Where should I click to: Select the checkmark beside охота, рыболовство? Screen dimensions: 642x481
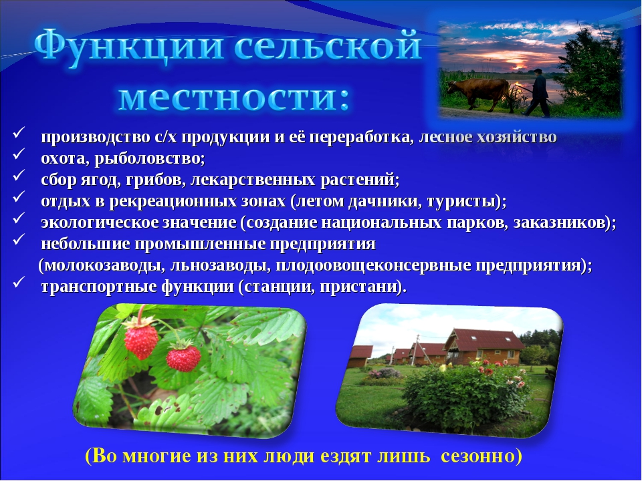tap(19, 154)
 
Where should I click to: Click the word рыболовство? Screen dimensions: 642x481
tap(149, 158)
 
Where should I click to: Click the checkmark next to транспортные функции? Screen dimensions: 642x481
tap(19, 282)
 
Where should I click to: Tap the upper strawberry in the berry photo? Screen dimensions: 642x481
tap(140, 338)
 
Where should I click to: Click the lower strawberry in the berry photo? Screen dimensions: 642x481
tap(183, 357)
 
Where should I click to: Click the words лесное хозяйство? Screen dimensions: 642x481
tap(488, 138)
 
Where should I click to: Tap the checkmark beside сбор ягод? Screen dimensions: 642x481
tap(19, 176)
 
